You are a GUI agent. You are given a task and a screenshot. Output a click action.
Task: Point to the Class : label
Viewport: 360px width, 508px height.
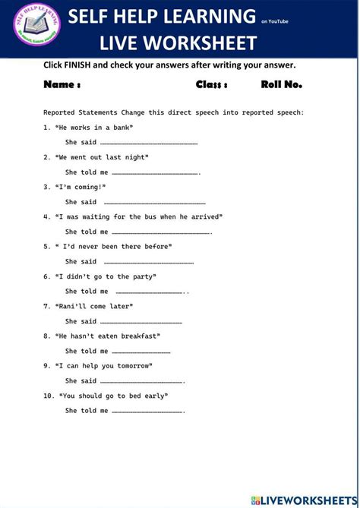click(211, 84)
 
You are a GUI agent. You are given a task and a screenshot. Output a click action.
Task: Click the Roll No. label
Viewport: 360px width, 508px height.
click(281, 84)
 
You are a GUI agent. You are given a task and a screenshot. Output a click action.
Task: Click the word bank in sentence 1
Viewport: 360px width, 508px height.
click(122, 128)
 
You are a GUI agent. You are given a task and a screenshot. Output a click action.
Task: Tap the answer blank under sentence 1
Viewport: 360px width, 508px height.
click(149, 143)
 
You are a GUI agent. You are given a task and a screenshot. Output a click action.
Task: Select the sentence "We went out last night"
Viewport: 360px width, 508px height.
click(102, 157)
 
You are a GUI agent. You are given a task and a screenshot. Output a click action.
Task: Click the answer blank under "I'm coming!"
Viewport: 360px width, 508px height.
click(154, 203)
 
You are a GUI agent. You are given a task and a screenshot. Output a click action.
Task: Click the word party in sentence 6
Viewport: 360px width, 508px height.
click(141, 276)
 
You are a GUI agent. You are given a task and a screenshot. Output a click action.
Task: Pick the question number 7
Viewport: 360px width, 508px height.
click(46, 306)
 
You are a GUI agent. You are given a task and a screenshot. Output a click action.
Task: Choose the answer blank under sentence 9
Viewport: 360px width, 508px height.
click(141, 381)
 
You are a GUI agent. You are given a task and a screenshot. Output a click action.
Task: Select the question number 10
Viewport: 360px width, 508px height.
click(49, 396)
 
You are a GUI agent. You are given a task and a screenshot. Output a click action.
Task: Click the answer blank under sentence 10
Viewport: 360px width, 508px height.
click(147, 411)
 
